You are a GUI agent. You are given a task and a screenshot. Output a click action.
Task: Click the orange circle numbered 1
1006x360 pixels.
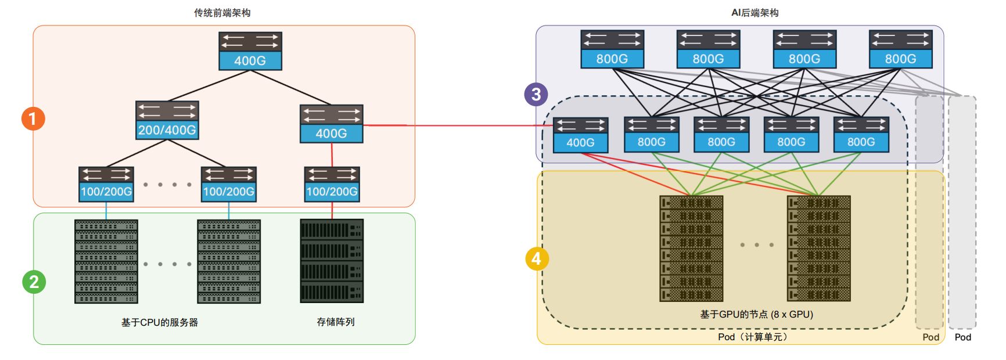coord(33,118)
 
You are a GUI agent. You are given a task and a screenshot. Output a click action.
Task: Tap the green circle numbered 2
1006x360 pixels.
coord(34,282)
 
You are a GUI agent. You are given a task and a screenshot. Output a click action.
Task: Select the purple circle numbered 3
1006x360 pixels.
coord(536,94)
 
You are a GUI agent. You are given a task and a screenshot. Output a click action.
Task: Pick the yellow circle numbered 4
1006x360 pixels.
coord(537,258)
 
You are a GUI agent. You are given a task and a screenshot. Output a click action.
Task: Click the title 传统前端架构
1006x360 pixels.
coord(222,13)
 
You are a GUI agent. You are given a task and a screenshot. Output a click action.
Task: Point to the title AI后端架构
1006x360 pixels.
coord(754,13)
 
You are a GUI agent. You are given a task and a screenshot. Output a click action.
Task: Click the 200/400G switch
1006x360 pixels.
coord(167,120)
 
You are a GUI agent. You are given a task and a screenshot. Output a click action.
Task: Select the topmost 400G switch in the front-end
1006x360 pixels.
coord(250,51)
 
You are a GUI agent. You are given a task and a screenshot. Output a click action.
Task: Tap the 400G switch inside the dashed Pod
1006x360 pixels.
coord(580,135)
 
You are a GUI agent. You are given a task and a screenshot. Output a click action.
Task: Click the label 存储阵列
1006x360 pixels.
coord(336,322)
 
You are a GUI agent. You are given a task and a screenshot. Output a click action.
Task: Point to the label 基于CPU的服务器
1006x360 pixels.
coord(160,322)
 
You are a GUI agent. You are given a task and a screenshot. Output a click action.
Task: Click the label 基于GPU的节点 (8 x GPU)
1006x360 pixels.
coord(756,314)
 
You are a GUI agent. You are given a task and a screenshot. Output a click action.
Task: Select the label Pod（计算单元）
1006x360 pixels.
coord(753,337)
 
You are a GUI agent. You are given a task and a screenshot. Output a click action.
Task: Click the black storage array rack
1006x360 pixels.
coord(332,261)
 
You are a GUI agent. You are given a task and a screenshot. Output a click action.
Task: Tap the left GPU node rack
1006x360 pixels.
coord(691,248)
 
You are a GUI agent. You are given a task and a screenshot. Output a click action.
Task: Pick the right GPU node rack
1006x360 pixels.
coord(818,248)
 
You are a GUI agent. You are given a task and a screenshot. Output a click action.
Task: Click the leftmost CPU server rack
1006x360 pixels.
coord(106,261)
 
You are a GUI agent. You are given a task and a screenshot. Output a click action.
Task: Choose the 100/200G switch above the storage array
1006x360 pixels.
coord(332,184)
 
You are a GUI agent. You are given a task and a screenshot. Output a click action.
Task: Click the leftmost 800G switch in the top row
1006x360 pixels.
coord(612,49)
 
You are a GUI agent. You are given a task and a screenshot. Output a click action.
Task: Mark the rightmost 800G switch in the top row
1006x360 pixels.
coord(900,49)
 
